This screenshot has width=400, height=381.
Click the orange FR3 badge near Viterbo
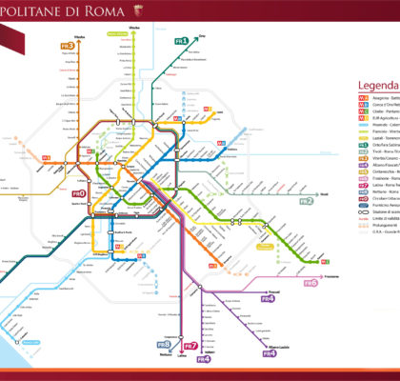pyautogui.click(x=68, y=45)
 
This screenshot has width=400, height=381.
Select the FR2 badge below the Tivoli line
pyautogui.click(x=333, y=201)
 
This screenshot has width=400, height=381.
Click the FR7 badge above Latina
pyautogui.click(x=190, y=345)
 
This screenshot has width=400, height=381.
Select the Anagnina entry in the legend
pyautogui.click(x=382, y=98)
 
